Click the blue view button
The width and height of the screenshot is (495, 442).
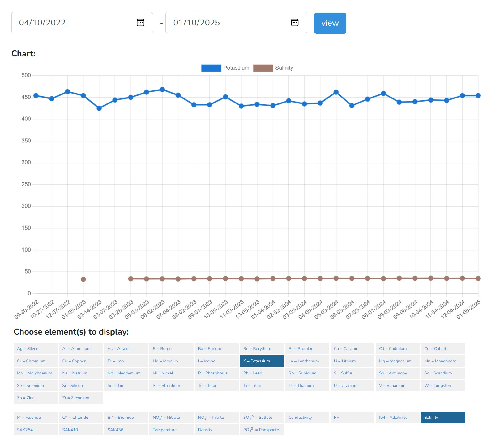click(330, 23)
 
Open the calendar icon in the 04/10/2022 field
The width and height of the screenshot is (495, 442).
click(140, 23)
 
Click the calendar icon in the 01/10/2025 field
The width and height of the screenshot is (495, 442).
click(295, 23)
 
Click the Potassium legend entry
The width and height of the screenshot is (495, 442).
click(236, 68)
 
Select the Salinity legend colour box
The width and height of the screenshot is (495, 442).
click(263, 68)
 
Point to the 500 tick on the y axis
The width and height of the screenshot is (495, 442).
click(26, 75)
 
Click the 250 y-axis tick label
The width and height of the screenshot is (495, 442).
click(26, 184)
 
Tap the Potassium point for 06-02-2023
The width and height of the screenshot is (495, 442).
click(162, 90)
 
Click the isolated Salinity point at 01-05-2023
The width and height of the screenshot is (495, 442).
click(83, 279)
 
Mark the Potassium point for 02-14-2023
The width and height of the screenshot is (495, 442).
click(99, 108)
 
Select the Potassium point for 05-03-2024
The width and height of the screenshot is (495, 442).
click(336, 92)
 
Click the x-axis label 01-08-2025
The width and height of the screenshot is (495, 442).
click(469, 309)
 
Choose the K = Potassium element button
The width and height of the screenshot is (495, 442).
click(262, 361)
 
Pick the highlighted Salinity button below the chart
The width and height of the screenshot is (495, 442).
click(442, 418)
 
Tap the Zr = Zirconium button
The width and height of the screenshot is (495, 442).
click(81, 398)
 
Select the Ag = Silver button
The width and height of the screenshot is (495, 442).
click(36, 349)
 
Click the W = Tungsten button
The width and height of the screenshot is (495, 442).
click(442, 386)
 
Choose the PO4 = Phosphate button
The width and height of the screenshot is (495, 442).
click(262, 430)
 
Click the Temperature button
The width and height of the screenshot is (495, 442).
click(171, 430)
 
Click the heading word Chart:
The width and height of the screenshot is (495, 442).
click(23, 54)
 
